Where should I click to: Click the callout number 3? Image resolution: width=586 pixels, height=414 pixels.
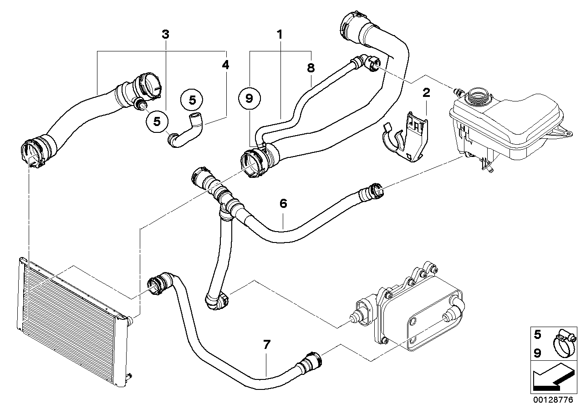point(165,34)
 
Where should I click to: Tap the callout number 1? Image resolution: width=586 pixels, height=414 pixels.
point(280,34)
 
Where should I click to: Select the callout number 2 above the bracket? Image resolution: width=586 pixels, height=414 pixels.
point(426,92)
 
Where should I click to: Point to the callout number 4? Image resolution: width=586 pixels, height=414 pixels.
point(225,64)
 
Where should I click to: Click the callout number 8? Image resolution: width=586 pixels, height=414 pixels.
point(311,68)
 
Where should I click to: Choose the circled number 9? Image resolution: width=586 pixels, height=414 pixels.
point(249,99)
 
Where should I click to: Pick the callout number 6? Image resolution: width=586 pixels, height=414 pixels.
point(283,203)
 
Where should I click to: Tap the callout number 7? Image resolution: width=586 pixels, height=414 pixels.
point(266,344)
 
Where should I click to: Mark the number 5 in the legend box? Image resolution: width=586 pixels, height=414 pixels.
point(537,334)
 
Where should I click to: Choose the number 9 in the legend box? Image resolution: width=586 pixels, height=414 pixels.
point(537,353)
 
